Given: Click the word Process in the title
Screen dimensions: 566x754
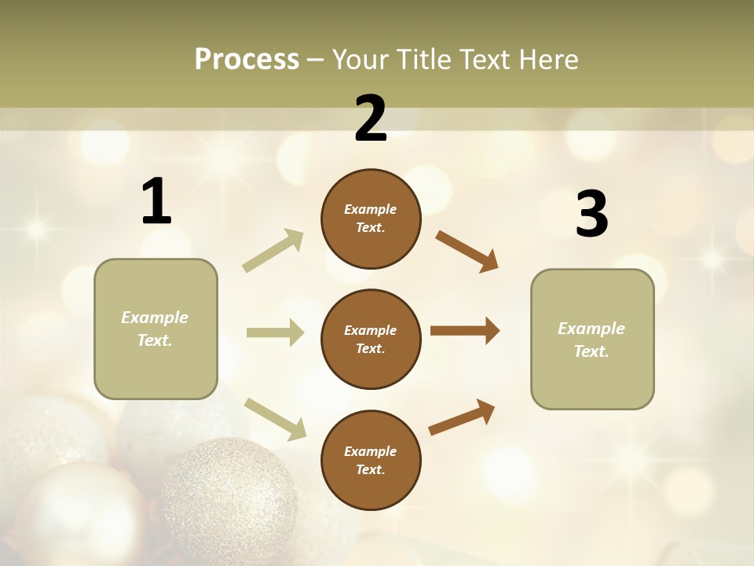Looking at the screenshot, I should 247,59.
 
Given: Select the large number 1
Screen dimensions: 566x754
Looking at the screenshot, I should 156,202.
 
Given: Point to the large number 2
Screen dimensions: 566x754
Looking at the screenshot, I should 371,119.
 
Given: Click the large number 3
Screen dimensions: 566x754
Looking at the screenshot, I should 591,215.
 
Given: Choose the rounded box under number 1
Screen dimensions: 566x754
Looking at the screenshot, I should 156,329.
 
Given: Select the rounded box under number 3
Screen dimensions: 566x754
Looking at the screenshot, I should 592,340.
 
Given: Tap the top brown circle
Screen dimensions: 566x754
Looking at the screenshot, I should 371,219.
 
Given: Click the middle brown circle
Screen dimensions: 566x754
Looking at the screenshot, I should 371,339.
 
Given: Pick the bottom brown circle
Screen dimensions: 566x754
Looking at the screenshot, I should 371,460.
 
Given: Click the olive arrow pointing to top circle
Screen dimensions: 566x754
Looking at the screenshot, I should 273,251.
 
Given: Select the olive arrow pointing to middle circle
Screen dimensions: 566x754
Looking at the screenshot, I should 275,333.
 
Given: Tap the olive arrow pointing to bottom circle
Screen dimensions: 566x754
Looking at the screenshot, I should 275,418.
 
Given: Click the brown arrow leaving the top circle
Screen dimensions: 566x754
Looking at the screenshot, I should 467,251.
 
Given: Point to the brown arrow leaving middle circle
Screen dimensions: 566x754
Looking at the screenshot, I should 465,331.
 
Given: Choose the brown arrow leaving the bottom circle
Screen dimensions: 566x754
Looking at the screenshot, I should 462,417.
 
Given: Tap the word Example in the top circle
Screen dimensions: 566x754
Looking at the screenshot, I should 371,210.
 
